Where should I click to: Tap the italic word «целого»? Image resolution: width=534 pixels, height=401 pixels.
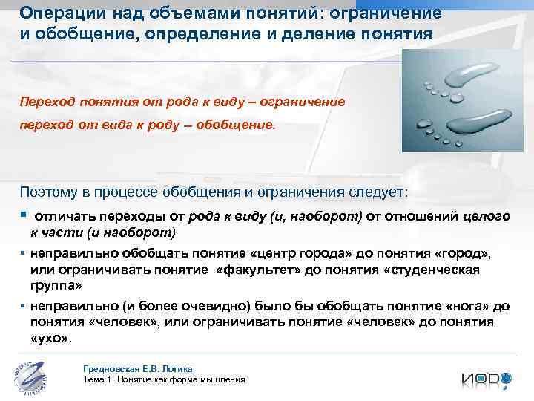(x=487, y=216)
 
